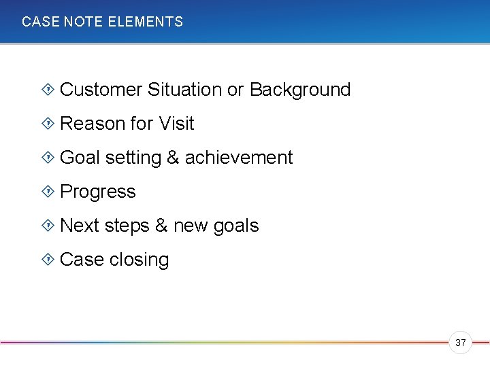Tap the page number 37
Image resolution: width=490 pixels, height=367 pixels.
[461, 343]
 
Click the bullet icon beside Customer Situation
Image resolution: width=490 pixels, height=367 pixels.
[48, 89]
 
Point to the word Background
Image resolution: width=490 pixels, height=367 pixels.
[300, 90]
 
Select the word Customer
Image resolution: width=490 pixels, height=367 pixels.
[101, 90]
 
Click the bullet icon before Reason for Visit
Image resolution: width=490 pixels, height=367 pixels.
[48, 123]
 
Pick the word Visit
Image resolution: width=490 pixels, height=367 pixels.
[176, 124]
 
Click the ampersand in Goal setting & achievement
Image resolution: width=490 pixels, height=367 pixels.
[173, 158]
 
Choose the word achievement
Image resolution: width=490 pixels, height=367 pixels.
[239, 158]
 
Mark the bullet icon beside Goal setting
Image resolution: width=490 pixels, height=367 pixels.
[48, 157]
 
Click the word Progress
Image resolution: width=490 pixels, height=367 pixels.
[98, 192]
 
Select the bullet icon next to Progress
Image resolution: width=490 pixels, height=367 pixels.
[48, 191]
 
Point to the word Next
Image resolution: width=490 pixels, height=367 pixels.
[79, 226]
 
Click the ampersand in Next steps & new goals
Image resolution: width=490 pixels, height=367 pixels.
[161, 226]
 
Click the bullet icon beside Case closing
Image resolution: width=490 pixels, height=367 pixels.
[48, 259]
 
